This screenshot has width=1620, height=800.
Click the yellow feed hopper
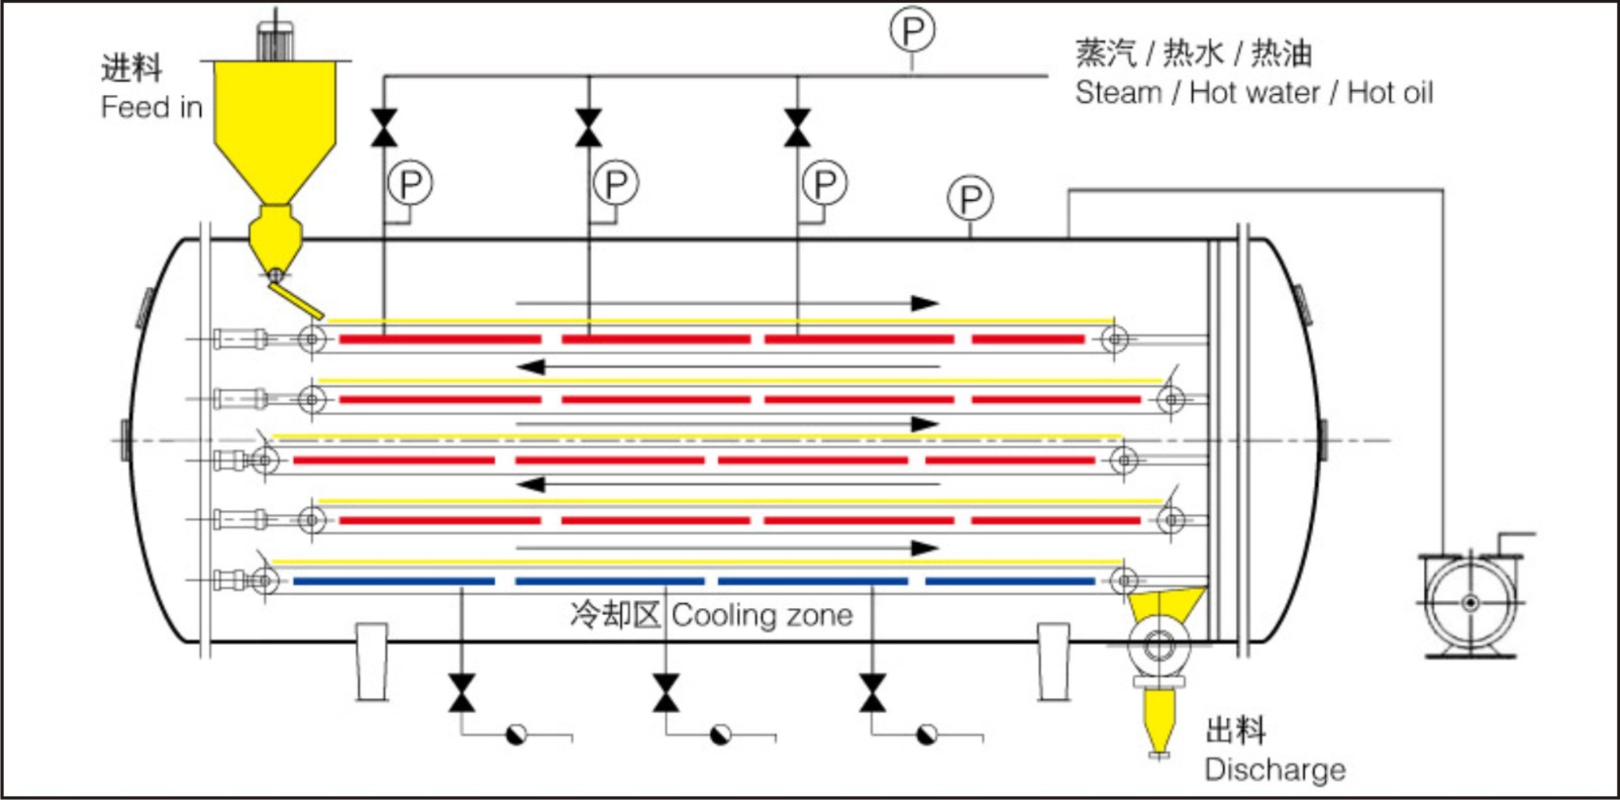coord(274,126)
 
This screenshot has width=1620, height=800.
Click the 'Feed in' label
coord(151,108)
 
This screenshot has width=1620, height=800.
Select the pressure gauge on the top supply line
coord(912,31)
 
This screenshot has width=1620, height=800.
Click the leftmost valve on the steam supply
coord(384,128)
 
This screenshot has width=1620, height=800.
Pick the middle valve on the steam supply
coord(588,128)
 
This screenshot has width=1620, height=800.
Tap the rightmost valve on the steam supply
coord(797,128)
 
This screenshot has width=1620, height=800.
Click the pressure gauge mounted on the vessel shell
coord(970,198)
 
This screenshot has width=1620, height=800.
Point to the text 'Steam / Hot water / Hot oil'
coord(1253,93)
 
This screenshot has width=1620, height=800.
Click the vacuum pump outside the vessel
coord(1469,603)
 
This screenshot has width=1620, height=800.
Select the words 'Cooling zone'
coord(762,615)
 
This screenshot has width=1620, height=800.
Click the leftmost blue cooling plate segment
coord(394,581)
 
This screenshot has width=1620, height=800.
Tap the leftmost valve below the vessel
coord(462,693)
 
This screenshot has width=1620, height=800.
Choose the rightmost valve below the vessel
coord(872,693)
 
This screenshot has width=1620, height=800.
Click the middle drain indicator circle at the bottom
coord(720,735)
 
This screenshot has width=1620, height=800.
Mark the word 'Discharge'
coord(1274,769)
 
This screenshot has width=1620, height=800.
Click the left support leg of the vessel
coord(372,662)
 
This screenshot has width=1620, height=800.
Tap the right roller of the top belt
coord(1115,339)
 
